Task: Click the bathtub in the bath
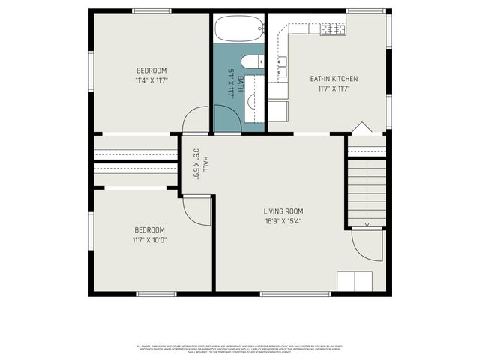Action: click(x=239, y=29)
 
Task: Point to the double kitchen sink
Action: click(x=283, y=72)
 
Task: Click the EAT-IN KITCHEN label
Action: click(x=334, y=79)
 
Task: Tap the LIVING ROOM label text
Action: click(x=283, y=211)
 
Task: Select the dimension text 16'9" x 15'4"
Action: click(x=283, y=221)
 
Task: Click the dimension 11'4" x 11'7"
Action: click(x=151, y=79)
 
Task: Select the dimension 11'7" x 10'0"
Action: click(x=150, y=240)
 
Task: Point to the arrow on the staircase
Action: click(x=367, y=222)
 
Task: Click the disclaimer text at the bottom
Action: click(x=240, y=349)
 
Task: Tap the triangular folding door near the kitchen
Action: click(x=361, y=128)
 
